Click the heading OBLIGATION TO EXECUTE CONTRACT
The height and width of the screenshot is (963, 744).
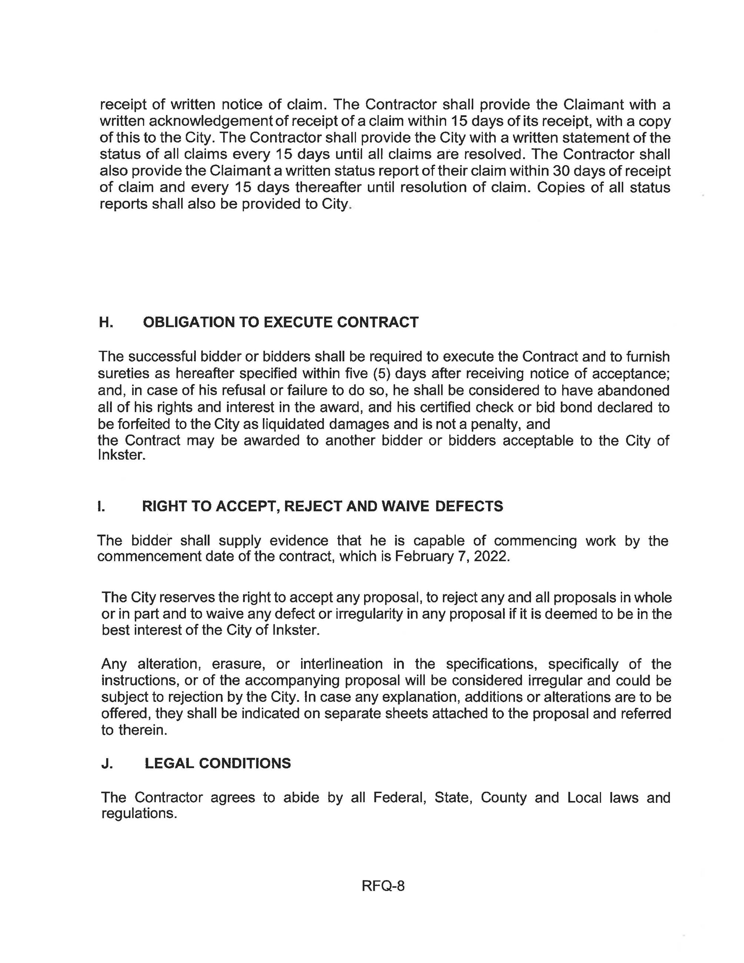click(280, 322)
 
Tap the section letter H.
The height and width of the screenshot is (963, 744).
click(106, 322)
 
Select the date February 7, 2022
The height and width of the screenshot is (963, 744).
click(452, 556)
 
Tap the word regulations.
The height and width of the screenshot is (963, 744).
click(139, 813)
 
